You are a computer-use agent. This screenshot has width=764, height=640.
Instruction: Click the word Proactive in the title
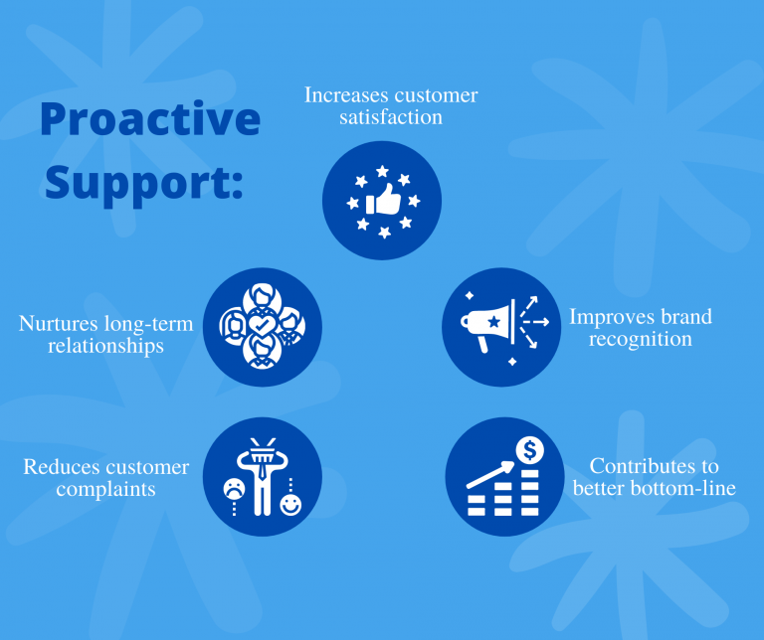(150, 121)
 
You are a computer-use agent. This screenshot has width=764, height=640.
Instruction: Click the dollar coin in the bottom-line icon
(529, 451)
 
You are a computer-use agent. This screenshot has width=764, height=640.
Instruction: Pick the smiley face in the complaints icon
(289, 505)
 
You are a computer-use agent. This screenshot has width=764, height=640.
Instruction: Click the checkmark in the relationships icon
(263, 325)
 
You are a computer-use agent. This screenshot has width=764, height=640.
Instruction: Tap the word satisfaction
(391, 117)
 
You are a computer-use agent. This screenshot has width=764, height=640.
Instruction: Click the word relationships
(105, 347)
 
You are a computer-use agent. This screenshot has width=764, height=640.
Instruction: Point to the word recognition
(640, 339)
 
